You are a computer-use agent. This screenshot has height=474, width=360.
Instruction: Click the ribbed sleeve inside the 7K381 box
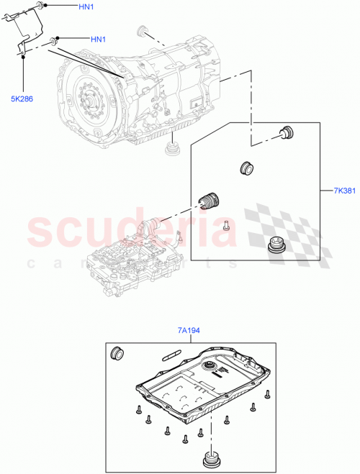pyautogui.click(x=210, y=199)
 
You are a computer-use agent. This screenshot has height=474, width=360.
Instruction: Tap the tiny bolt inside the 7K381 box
pyautogui.click(x=225, y=224)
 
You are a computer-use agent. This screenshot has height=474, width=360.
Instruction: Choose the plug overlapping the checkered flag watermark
pyautogui.click(x=275, y=245)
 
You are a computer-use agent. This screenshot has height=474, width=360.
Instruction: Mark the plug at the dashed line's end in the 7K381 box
pyautogui.click(x=287, y=132)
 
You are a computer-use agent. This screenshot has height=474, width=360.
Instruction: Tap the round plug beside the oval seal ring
pyautogui.click(x=117, y=354)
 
